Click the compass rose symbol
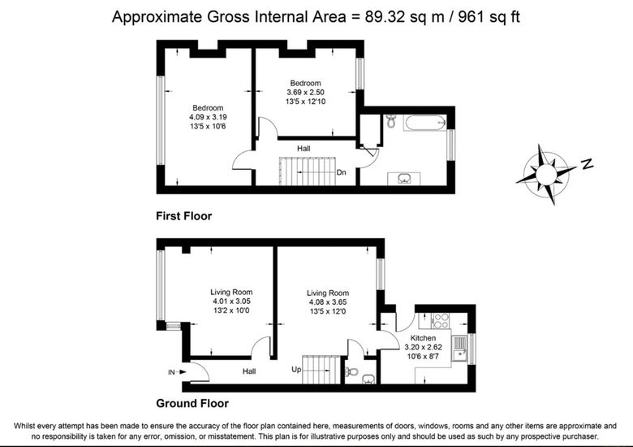pos(546,174)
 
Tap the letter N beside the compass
pos(588,163)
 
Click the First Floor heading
pos(183,216)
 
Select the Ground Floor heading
pos(192,403)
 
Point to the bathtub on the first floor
pos(424,123)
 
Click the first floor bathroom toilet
pos(391,121)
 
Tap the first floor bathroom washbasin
pos(403,178)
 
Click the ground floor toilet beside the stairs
pos(352,371)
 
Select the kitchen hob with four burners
pos(441,320)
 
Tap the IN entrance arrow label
pos(177,372)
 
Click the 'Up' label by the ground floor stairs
pos(296,370)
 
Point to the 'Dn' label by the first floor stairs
pos(341,172)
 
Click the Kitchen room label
pos(423,338)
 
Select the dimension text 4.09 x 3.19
pos(208,117)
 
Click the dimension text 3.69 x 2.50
pos(305,92)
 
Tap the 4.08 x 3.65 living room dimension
pos(328,302)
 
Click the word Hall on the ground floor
pos(249,371)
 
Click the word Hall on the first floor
pos(304,149)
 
